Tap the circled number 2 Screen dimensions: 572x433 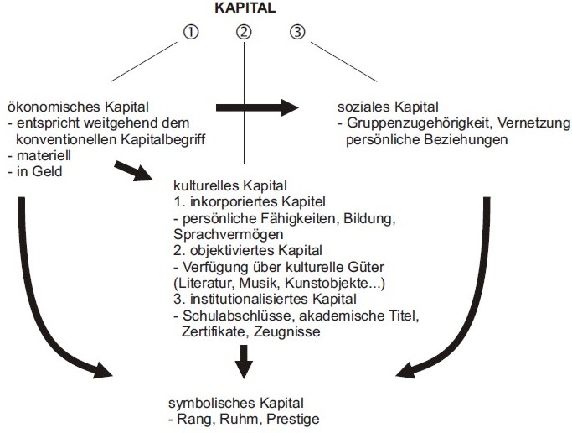pos(244,33)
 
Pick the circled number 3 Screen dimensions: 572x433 pos(297,33)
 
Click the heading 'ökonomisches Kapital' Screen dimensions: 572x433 pos(77,107)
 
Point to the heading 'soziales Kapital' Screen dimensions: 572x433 pos(388,107)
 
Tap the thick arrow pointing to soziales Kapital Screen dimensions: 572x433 pos(258,107)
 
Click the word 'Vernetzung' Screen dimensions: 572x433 pos(526,123)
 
